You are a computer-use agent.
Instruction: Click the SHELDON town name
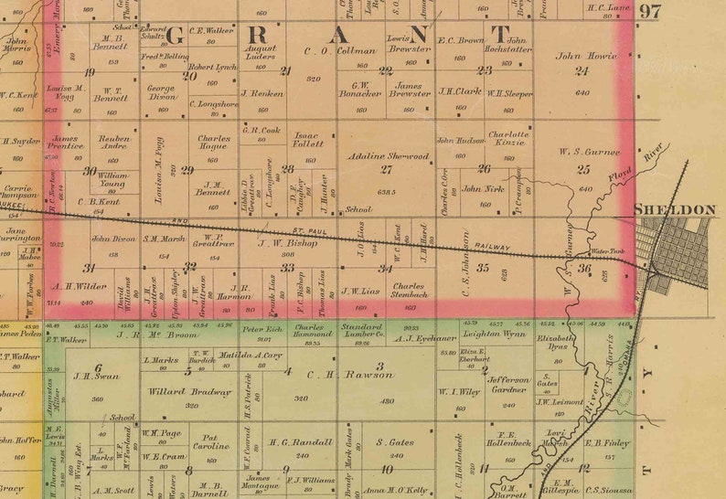(x=675, y=210)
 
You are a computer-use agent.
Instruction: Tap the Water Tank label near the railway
(x=607, y=251)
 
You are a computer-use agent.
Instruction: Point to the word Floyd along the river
(x=621, y=171)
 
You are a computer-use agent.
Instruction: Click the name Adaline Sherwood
(x=388, y=156)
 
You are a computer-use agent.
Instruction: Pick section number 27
(x=386, y=169)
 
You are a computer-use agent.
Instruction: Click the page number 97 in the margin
(x=649, y=12)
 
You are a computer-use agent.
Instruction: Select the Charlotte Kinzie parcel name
(x=507, y=139)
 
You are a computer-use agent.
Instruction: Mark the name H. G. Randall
(x=301, y=442)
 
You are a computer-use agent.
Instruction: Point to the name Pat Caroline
(x=209, y=442)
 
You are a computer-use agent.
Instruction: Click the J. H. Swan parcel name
(x=83, y=376)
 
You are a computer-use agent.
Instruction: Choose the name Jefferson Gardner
(x=508, y=384)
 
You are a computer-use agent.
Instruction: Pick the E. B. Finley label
(x=607, y=442)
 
